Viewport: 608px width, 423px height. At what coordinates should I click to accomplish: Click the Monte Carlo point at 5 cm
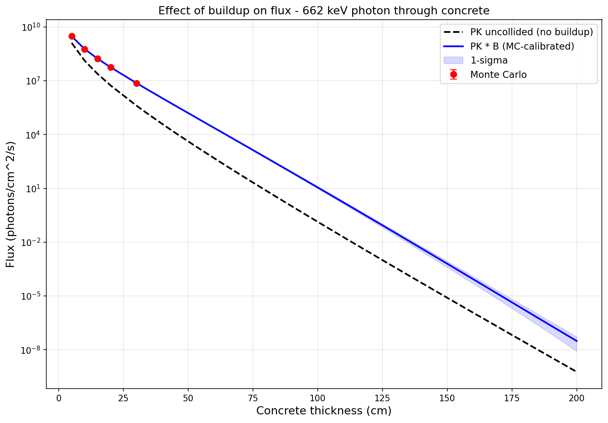tap(72, 36)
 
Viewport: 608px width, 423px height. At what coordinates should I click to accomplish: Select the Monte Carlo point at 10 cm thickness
tap(84, 49)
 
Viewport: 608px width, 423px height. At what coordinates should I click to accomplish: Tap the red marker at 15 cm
tap(98, 59)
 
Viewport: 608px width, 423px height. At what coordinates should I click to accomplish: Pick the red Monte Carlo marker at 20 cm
tap(111, 67)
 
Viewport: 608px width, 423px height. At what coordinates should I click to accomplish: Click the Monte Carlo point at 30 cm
tap(137, 83)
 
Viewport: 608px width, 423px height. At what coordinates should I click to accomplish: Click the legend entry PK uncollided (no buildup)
tap(531, 32)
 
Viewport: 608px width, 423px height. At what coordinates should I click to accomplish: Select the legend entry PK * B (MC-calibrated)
tap(522, 46)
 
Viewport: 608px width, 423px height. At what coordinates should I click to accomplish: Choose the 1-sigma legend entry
tap(489, 60)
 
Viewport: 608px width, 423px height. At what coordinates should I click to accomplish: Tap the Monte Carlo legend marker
tap(453, 75)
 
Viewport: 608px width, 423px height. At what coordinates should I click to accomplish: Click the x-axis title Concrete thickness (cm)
tap(324, 411)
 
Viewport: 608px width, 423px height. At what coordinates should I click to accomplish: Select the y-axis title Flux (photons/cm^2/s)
tap(11, 204)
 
